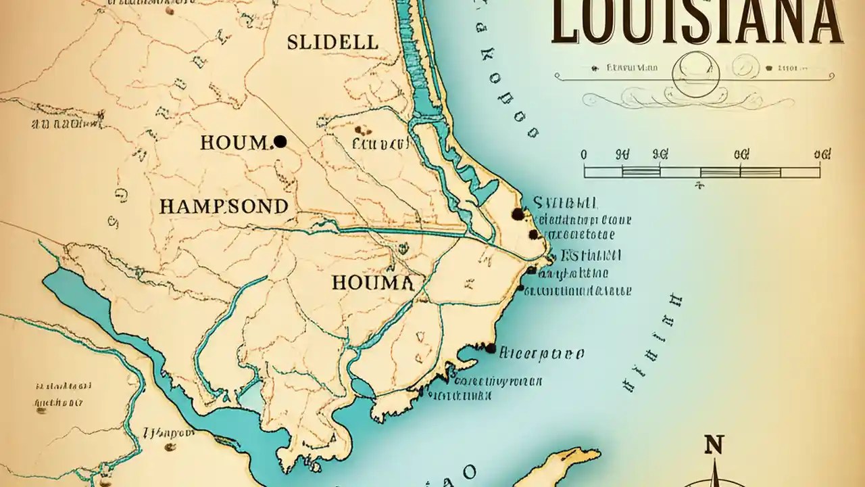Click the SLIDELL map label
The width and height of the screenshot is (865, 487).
coord(332,43)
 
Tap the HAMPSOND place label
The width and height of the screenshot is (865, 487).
coord(224,206)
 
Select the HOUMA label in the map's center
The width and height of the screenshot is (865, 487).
coord(372,283)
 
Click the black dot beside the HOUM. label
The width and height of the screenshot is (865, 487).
coord(280,141)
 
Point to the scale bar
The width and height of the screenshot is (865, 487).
coord(701,172)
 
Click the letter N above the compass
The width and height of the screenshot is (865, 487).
coord(714,445)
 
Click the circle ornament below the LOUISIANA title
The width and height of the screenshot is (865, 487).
coord(696,74)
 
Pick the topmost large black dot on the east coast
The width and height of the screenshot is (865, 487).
coord(518,214)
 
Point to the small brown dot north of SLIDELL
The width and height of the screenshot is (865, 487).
coord(170,10)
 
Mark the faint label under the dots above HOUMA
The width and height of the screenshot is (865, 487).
coord(380,144)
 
